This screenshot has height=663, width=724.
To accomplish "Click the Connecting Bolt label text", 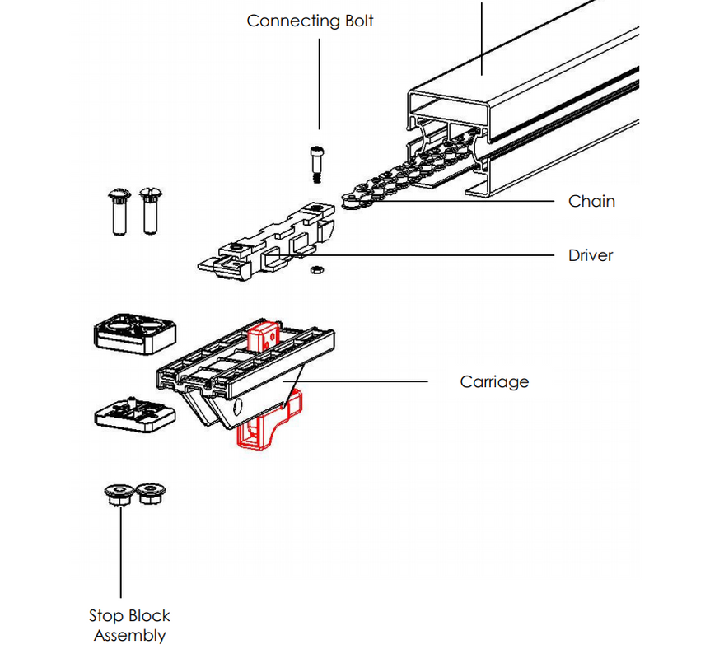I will point(310,21).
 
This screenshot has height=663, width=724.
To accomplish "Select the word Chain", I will point(591,201).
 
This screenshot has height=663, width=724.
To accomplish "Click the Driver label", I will point(590,255).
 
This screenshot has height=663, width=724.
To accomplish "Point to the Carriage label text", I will point(494,382).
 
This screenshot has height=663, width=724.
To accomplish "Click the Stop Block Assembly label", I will point(129,625).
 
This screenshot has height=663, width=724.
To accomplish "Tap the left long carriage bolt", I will point(117,210).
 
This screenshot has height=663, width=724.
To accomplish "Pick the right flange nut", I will point(147,495).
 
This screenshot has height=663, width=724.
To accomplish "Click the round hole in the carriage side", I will point(238,408).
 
